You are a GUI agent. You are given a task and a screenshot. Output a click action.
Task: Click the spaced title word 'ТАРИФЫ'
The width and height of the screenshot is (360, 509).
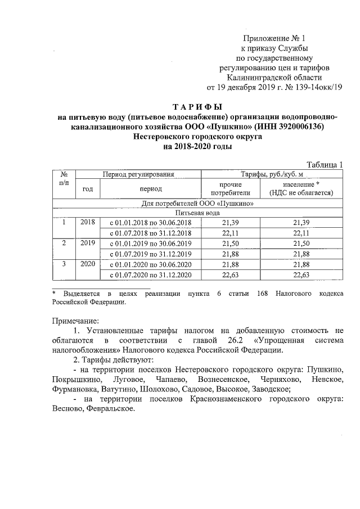(197, 106)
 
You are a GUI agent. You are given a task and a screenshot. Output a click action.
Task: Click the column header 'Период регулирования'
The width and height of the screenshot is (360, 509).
(137, 174)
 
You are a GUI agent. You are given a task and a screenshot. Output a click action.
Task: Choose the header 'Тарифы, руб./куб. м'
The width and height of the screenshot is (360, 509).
(272, 174)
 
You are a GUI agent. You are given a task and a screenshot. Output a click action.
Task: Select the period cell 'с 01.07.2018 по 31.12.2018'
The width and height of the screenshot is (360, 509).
(151, 233)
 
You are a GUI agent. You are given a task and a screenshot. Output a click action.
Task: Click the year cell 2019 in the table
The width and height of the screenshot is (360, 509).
(87, 243)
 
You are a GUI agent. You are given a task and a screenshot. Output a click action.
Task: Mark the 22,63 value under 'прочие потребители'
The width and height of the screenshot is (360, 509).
(237, 274)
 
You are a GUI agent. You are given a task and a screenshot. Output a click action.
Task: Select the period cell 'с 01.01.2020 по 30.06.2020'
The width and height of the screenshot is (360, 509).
(151, 264)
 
